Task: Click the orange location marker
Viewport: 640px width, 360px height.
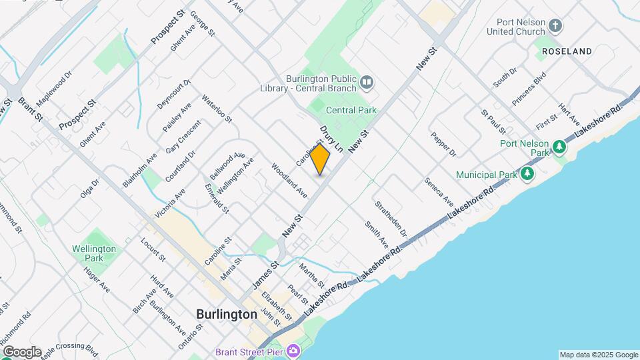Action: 320,159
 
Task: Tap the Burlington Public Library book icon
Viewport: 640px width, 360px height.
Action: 366,83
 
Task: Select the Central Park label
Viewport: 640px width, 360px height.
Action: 351,110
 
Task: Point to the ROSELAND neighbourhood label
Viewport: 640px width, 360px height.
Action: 567,51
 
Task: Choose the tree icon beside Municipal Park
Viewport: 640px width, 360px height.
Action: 527,174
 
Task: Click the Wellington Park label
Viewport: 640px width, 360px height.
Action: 94,253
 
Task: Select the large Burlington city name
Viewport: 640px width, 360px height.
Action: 227,314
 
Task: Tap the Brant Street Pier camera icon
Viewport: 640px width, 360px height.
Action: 293,351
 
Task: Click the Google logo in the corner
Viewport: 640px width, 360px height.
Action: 21,351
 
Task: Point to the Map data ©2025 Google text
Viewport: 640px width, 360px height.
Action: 597,355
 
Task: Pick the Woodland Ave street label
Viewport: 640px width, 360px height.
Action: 289,180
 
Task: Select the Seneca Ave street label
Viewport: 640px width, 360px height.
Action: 439,191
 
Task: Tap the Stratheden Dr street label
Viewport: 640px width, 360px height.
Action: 391,219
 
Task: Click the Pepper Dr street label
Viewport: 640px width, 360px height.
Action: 443,144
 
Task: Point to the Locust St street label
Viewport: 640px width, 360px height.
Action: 153,250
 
